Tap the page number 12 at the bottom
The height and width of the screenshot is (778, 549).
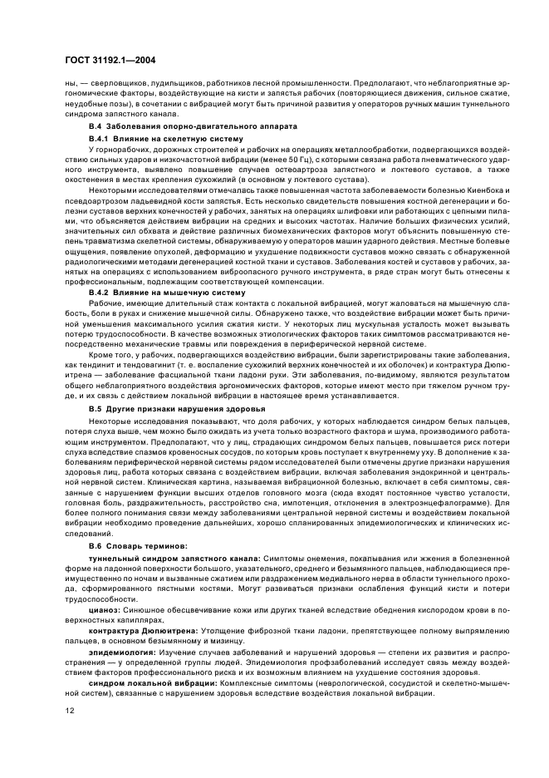[69, 712]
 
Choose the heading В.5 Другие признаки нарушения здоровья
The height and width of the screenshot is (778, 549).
[166, 410]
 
